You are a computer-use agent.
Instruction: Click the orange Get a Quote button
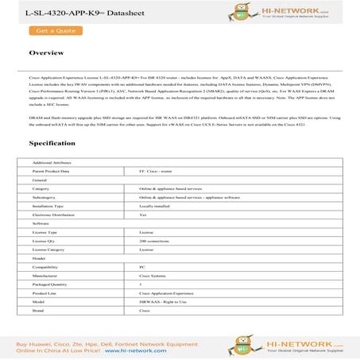(56, 30)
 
